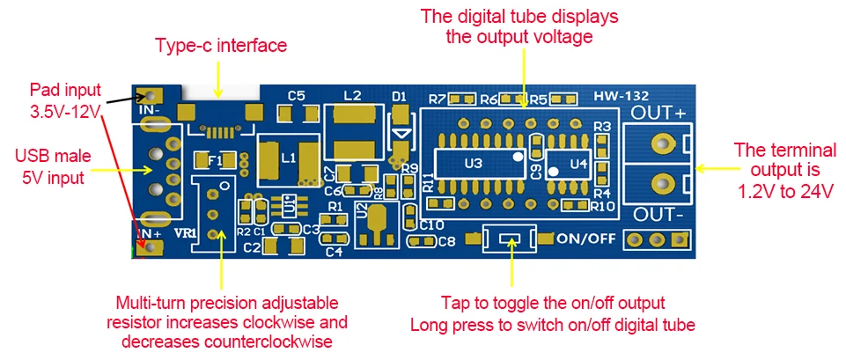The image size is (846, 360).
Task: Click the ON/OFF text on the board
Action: pyautogui.click(x=585, y=238)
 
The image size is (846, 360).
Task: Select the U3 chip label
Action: pyautogui.click(x=473, y=163)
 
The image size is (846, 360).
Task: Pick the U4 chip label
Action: pyautogui.click(x=577, y=163)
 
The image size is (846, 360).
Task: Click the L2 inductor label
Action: pyautogui.click(x=352, y=94)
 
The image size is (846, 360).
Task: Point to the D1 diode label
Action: pyautogui.click(x=400, y=94)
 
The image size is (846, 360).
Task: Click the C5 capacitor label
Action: pyautogui.click(x=296, y=94)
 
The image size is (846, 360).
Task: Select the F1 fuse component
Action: pyautogui.click(x=214, y=160)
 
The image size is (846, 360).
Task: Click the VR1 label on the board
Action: pyautogui.click(x=187, y=232)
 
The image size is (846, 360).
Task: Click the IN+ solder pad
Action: pyautogui.click(x=152, y=247)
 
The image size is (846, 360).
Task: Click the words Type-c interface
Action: pyautogui.click(x=221, y=45)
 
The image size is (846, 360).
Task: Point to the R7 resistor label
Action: pyautogui.click(x=438, y=99)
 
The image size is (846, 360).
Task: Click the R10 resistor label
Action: pyautogui.click(x=602, y=206)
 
